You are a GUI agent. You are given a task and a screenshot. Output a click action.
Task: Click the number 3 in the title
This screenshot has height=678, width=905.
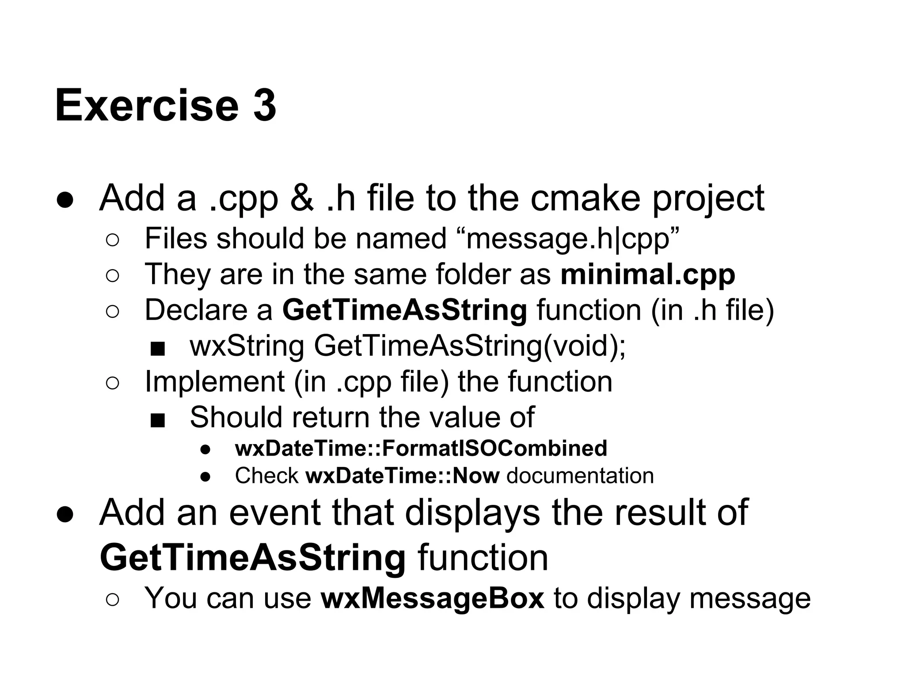(264, 106)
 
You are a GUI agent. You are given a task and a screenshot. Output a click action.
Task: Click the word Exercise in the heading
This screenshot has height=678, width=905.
(146, 106)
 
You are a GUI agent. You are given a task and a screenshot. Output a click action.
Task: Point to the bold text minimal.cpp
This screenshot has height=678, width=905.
(648, 274)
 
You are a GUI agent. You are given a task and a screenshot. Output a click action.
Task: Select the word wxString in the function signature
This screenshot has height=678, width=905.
(247, 346)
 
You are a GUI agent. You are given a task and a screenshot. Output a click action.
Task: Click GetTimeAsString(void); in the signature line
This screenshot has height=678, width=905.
(470, 346)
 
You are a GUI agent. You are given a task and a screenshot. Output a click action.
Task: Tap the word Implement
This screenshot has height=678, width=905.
(215, 381)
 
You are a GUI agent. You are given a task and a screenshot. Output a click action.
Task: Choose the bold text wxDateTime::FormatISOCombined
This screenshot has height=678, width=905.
(421, 448)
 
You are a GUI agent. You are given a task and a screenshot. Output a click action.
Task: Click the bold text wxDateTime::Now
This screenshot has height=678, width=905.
(403, 476)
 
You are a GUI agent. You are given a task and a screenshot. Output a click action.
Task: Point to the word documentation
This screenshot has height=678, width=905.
(580, 476)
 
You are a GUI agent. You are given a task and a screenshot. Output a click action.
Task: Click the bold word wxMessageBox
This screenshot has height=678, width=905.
(433, 599)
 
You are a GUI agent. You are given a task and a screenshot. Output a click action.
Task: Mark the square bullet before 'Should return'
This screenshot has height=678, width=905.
(157, 420)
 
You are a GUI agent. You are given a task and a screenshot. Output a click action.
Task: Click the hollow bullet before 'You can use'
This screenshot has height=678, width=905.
(113, 600)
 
